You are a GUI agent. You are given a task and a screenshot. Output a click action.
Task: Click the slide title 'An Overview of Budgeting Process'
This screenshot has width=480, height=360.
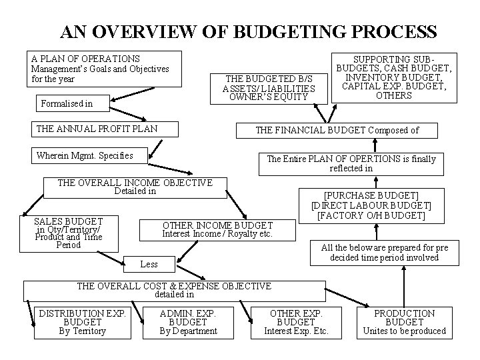pos(248,31)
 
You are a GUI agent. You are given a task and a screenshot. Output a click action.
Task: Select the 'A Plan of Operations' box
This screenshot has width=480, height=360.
pos(100,69)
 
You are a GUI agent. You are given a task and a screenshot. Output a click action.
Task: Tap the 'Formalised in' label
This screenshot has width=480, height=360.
pos(67,103)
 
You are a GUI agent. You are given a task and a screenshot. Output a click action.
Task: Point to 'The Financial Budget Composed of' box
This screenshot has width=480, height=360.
pos(337,130)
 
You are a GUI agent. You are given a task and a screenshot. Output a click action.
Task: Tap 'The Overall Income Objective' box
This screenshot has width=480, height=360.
pos(135,187)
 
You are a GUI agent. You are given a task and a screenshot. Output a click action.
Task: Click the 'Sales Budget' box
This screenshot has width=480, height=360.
pos(68,233)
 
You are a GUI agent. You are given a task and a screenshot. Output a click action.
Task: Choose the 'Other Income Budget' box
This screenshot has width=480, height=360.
pos(218,229)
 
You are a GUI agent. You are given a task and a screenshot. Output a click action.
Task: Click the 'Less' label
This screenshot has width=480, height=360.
pos(149,264)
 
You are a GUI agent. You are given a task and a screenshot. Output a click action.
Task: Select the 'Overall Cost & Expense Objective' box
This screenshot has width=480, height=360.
pos(174,290)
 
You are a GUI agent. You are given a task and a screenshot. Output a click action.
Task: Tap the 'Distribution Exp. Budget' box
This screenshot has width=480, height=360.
pos(82,322)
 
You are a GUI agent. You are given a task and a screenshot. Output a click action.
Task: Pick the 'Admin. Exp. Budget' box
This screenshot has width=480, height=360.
pos(188,322)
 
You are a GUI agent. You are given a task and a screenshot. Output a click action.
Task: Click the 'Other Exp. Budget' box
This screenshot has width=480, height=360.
pos(296,322)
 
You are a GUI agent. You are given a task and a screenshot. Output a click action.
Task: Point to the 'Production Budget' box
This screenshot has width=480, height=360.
pos(404,322)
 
